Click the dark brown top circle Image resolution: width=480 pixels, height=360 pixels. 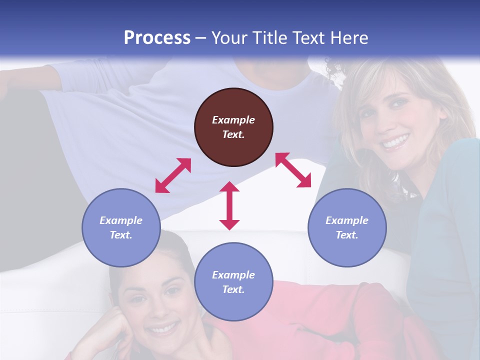(233, 127)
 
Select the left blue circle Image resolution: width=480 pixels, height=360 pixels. (121, 227)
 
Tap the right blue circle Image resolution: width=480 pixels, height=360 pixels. (347, 227)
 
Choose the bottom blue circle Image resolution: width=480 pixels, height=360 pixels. (233, 282)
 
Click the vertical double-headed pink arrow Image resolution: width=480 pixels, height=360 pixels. (229, 205)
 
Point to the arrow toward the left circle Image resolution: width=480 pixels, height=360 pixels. (173, 175)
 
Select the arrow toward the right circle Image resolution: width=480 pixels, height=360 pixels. (293, 170)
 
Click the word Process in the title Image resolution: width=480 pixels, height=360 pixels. (157, 37)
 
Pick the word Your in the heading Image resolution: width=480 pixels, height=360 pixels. (228, 37)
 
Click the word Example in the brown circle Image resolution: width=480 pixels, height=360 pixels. (233, 120)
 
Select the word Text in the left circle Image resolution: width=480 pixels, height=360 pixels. (121, 235)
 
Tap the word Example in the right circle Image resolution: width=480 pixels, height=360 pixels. (347, 220)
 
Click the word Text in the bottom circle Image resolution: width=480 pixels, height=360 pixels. (233, 289)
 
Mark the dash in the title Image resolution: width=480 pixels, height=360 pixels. (201, 38)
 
